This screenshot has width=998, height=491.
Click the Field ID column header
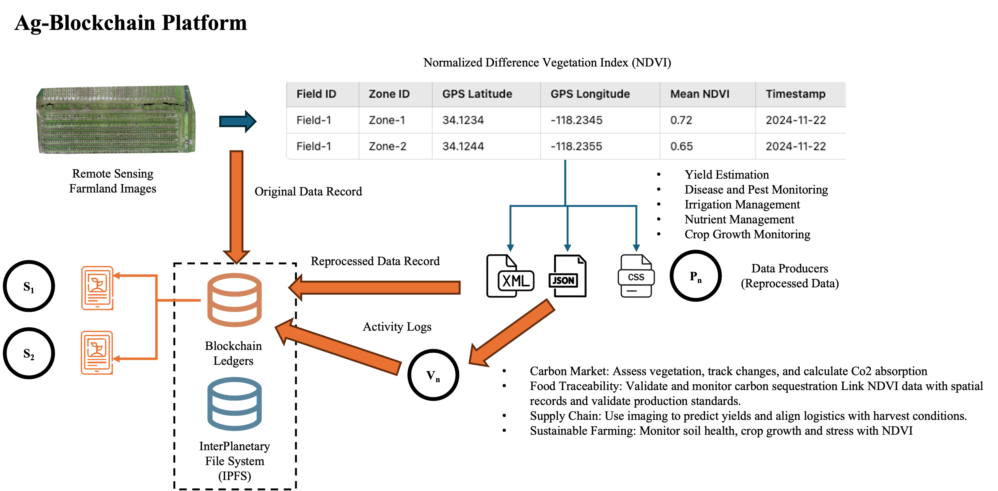tap(316, 94)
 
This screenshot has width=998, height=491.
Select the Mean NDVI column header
tap(700, 94)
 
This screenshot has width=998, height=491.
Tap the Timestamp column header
tap(795, 94)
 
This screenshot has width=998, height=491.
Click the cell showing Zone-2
tap(387, 146)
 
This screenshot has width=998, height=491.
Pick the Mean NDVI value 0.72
tap(681, 120)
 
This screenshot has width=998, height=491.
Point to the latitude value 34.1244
tap(463, 146)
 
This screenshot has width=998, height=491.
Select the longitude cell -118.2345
tap(577, 120)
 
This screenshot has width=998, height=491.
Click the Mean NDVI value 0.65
tap(681, 146)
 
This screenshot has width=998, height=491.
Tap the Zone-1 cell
tap(387, 120)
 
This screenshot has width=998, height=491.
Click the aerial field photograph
tap(115, 119)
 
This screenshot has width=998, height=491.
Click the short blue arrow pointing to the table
tap(237, 121)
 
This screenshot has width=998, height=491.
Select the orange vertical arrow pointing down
tap(236, 205)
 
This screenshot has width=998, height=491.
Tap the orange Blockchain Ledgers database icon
tap(234, 300)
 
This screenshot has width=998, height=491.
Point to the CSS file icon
tap(636, 276)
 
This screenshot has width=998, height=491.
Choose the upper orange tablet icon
tap(97, 288)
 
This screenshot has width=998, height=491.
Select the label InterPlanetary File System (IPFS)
tap(234, 461)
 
